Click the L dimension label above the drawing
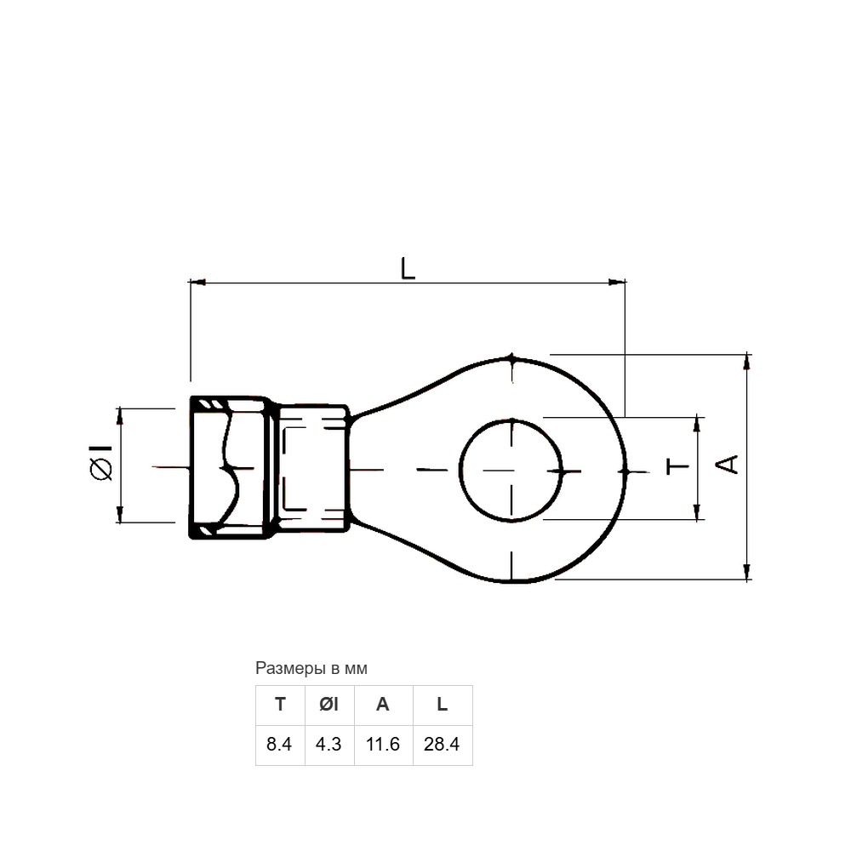pyautogui.click(x=408, y=269)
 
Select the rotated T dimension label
pyautogui.click(x=677, y=466)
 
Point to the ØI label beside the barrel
pyautogui.click(x=101, y=462)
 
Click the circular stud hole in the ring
pyautogui.click(x=460, y=470)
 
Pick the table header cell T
pyautogui.click(x=280, y=705)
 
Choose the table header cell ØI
pyautogui.click(x=329, y=705)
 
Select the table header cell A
pyautogui.click(x=383, y=705)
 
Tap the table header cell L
pyautogui.click(x=443, y=705)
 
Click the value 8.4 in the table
pyautogui.click(x=279, y=744)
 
